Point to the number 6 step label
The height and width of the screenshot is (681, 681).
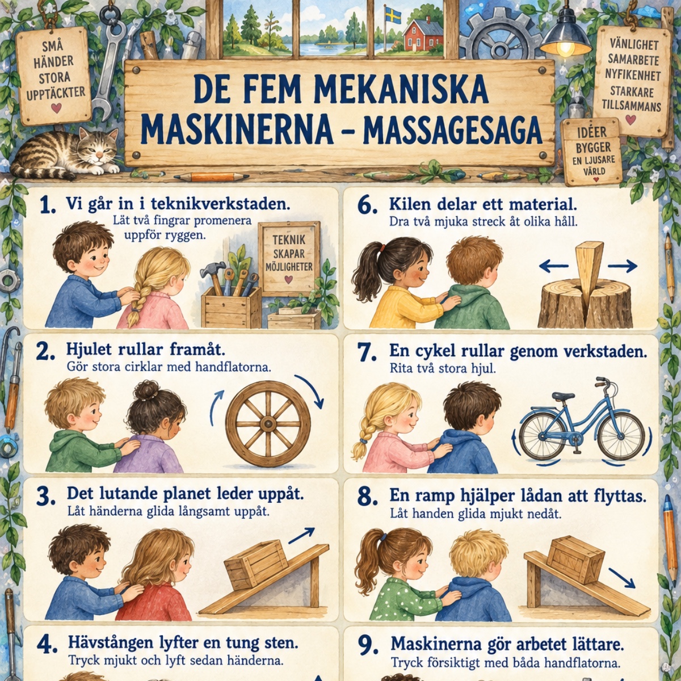tap(367, 206)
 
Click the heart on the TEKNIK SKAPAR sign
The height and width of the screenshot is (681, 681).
tap(289, 280)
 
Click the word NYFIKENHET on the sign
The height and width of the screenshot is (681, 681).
tap(632, 75)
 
